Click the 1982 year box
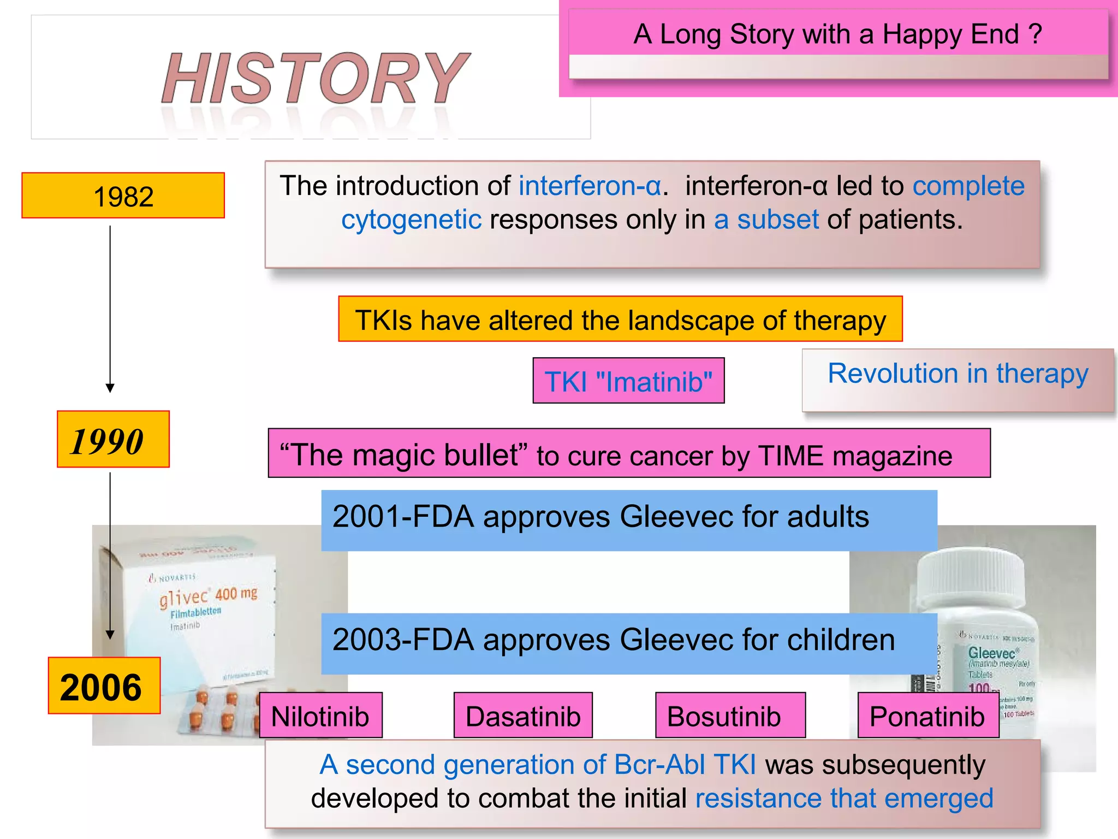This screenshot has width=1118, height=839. click(123, 196)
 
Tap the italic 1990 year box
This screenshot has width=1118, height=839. click(113, 440)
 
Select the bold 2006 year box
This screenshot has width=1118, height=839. click(104, 686)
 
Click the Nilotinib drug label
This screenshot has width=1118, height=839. click(320, 716)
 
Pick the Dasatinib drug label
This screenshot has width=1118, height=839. click(523, 716)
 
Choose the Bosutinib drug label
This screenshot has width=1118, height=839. click(724, 716)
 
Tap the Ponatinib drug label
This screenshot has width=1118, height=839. click(927, 716)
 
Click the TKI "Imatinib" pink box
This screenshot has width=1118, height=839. click(628, 381)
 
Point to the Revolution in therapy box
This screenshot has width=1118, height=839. click(958, 374)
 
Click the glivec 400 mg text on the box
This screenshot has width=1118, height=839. click(208, 596)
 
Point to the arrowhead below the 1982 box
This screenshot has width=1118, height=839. click(110, 388)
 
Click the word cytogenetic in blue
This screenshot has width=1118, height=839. click(411, 220)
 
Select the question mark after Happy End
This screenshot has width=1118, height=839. click(1035, 34)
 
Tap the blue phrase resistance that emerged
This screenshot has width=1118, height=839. click(844, 798)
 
